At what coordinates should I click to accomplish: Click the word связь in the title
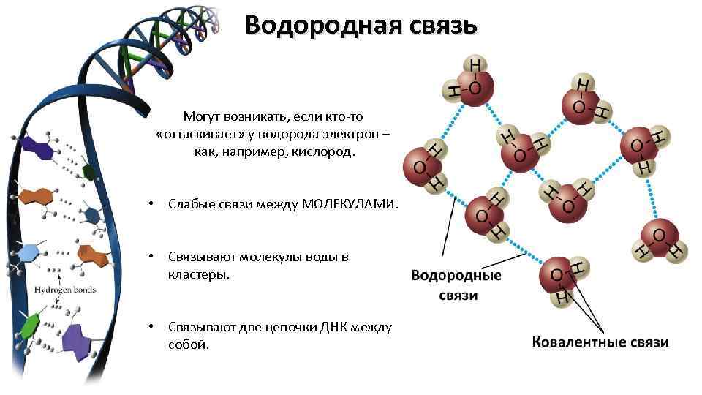click(438, 26)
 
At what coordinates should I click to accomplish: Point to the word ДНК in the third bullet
click(339, 327)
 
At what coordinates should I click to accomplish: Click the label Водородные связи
click(456, 285)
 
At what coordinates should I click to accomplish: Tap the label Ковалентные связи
click(599, 342)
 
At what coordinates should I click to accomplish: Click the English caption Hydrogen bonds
click(65, 290)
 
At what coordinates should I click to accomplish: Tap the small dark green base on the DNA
click(89, 172)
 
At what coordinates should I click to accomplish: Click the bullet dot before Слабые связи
click(149, 206)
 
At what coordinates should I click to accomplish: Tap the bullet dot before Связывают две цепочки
click(149, 327)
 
